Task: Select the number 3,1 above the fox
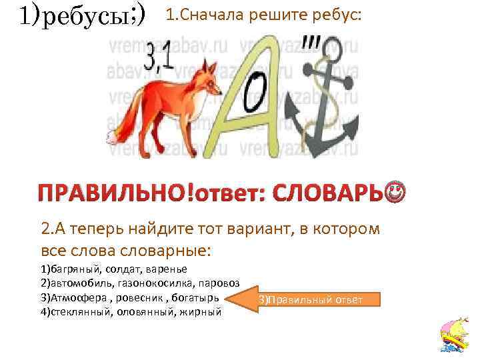[x=158, y=59]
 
